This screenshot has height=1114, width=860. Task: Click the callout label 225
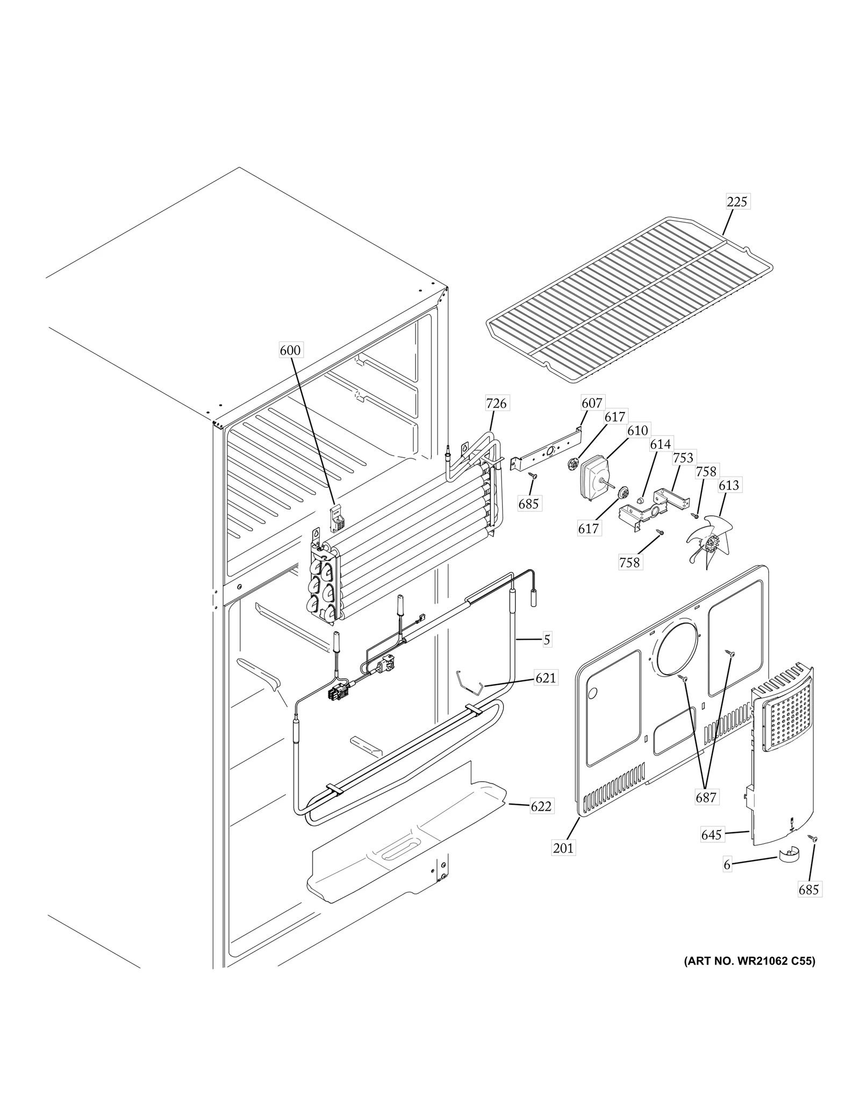[737, 202]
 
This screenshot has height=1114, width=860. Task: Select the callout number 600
[290, 350]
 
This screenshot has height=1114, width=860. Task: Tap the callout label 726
[496, 403]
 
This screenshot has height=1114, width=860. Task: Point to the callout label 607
[592, 402]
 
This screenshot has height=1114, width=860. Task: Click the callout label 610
[637, 430]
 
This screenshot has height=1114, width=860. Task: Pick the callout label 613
[729, 485]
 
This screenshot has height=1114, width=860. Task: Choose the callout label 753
[683, 458]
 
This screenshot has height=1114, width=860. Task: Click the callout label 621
[546, 678]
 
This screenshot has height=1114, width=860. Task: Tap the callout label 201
[563, 848]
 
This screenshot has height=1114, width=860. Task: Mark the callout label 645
[711, 835]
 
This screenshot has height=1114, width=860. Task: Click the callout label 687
[706, 797]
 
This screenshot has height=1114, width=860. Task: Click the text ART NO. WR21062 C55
[749, 961]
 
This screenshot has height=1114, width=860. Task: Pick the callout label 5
[547, 640]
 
